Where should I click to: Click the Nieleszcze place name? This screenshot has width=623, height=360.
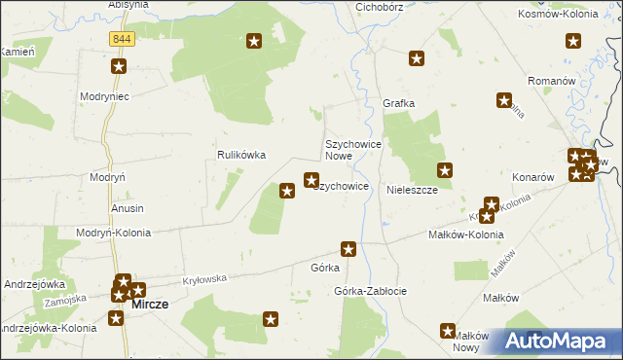(x=413, y=191)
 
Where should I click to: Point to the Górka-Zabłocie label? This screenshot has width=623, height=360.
(x=370, y=291)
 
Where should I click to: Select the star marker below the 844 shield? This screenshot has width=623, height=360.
(x=119, y=66)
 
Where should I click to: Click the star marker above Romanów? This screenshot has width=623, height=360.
(x=573, y=41)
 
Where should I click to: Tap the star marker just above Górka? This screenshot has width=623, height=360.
(x=348, y=249)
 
